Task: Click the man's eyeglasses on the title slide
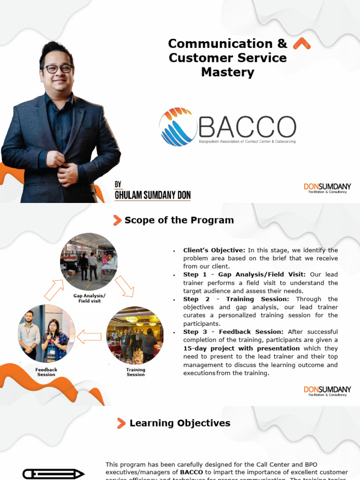click(x=58, y=69)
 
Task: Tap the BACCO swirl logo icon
click(x=178, y=127)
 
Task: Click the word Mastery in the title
click(x=227, y=72)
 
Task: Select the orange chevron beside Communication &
click(x=301, y=44)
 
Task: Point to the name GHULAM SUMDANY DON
click(x=152, y=195)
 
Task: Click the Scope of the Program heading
click(x=179, y=220)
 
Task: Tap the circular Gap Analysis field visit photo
click(x=89, y=262)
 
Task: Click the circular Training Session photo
click(x=135, y=335)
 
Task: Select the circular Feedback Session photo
click(x=46, y=334)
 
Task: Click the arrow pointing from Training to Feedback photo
click(x=89, y=337)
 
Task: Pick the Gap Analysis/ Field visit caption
click(x=90, y=298)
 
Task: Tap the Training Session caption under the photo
click(x=135, y=372)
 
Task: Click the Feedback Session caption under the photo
click(x=46, y=372)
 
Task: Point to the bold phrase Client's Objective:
click(x=214, y=250)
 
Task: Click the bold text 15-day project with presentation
click(x=241, y=348)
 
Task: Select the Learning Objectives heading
click(x=180, y=423)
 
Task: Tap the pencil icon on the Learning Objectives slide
click(x=53, y=473)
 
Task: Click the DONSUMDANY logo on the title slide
click(x=327, y=188)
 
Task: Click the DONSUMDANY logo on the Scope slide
click(x=327, y=391)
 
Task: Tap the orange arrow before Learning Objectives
click(x=121, y=424)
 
